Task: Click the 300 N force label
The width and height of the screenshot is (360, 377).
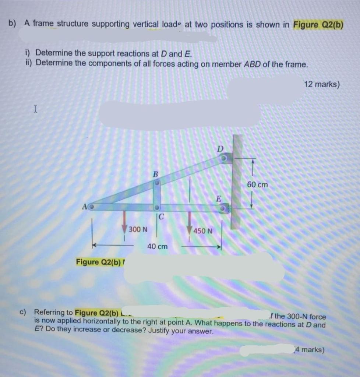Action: [138, 229]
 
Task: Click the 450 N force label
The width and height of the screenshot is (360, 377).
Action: [203, 231]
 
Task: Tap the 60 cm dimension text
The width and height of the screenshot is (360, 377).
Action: [257, 184]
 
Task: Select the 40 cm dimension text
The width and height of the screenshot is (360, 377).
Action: [157, 246]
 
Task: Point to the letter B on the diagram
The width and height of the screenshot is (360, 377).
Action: [155, 173]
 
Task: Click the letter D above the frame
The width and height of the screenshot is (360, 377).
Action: [220, 149]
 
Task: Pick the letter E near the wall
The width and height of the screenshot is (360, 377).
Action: [218, 200]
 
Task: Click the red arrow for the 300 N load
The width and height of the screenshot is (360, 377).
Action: [125, 220]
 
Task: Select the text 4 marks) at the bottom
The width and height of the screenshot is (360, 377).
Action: [310, 349]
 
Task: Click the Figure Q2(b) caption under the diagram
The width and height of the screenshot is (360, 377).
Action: [98, 262]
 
